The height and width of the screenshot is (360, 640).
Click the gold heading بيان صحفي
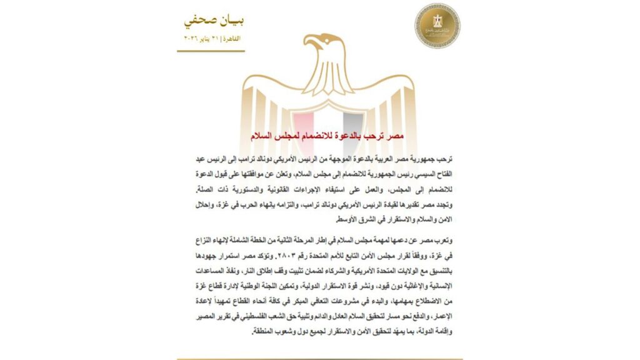214,21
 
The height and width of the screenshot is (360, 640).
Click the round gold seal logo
437,26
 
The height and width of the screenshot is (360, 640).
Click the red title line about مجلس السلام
319,136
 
